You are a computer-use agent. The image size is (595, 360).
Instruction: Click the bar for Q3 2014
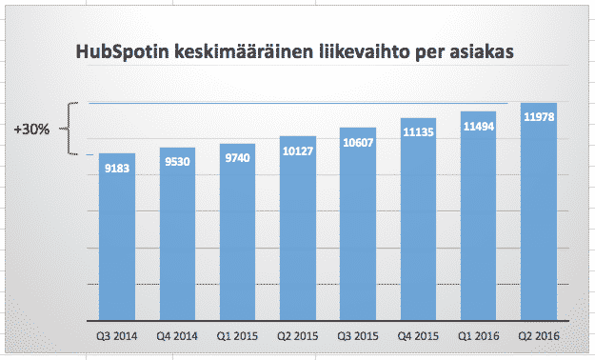(116, 238)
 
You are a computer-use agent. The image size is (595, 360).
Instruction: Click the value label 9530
(177, 163)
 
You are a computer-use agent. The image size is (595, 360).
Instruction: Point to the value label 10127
(297, 154)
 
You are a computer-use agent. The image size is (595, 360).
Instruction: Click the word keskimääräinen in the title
(248, 54)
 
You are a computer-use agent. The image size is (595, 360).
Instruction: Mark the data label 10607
(357, 144)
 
